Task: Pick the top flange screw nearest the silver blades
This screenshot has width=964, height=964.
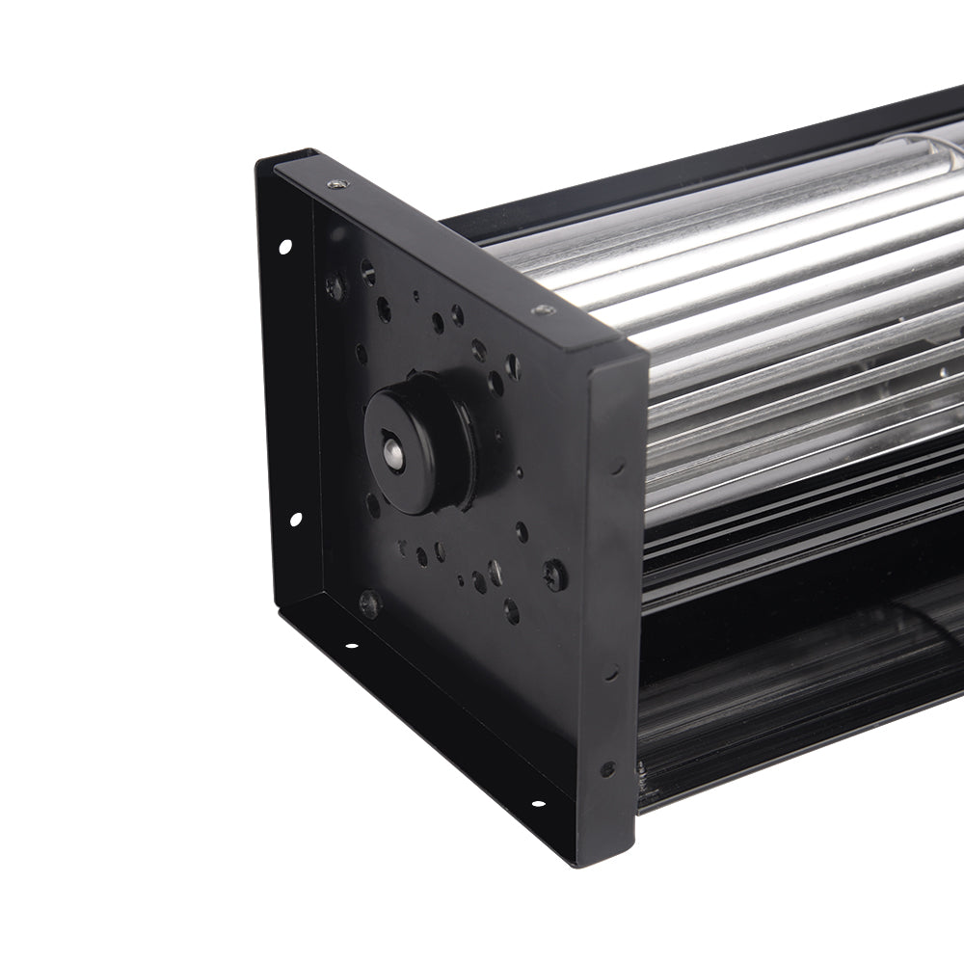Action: [544, 310]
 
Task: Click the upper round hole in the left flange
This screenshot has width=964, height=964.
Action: [285, 247]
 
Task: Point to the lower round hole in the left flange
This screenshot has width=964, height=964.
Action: [295, 520]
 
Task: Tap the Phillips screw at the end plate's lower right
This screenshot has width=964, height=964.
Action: [555, 576]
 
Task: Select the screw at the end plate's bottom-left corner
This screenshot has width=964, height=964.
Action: [369, 603]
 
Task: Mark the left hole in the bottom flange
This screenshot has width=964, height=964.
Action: [350, 645]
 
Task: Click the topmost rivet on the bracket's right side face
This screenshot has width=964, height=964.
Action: [617, 465]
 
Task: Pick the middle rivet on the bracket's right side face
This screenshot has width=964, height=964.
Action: [611, 672]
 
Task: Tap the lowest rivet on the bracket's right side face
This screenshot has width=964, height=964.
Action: [607, 768]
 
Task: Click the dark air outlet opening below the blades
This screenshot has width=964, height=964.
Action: [800, 694]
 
